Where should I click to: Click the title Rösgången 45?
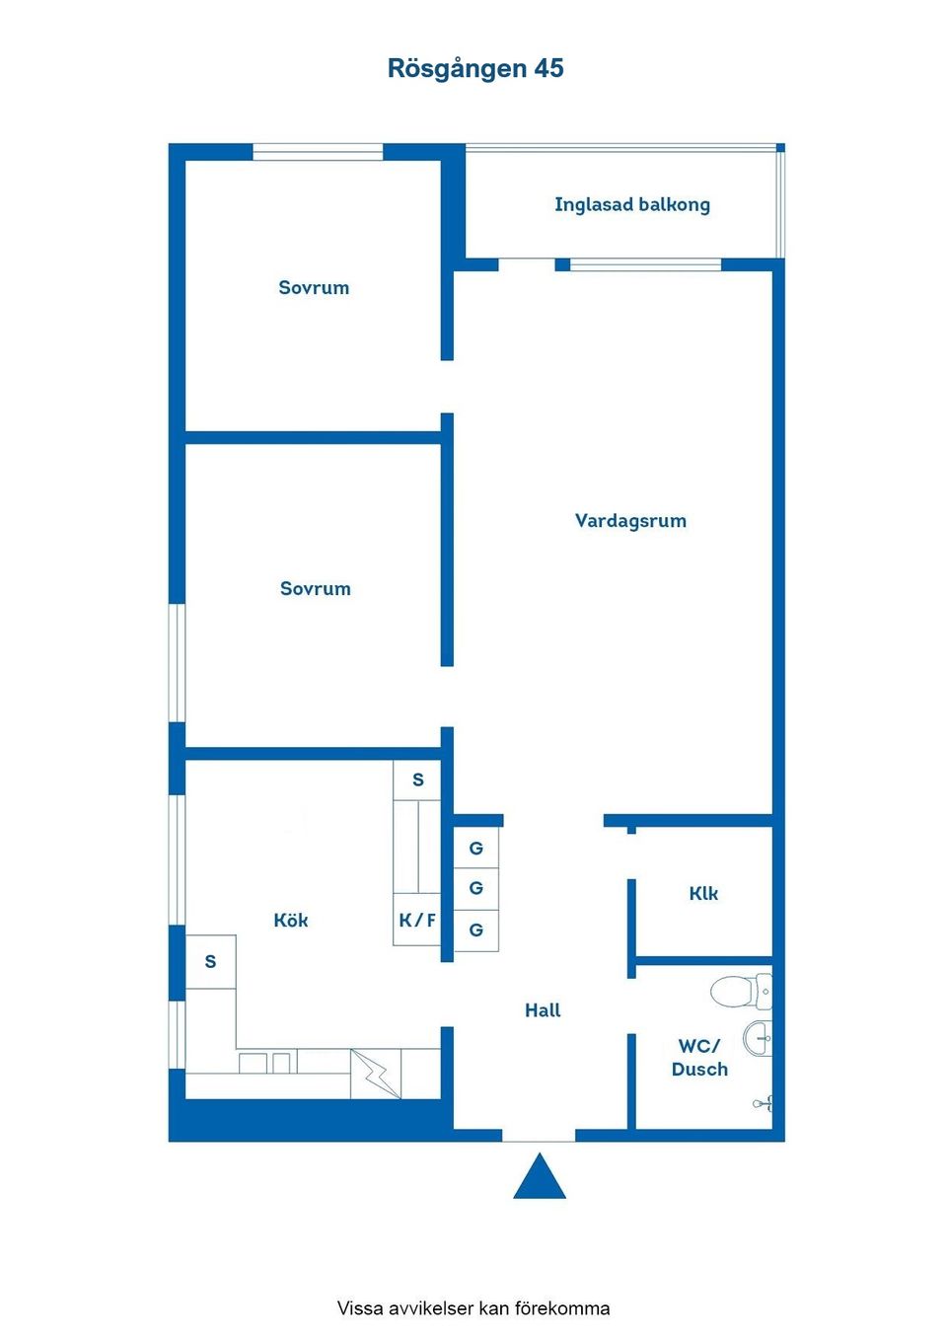[x=474, y=68]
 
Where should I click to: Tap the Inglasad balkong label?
[x=631, y=204]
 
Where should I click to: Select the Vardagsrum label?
[x=630, y=520]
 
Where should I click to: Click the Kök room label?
[x=291, y=920]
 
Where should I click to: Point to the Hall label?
[x=543, y=1009]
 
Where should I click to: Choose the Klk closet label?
[x=703, y=893]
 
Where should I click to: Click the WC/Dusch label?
[x=699, y=1057]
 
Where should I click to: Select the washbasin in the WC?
[x=759, y=1038]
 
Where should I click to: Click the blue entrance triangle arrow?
[x=540, y=1177]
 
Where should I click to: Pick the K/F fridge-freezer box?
[x=416, y=921]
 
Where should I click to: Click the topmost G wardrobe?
[x=476, y=848]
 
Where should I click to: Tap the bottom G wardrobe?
[x=476, y=930]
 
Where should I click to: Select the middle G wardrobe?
[x=476, y=888]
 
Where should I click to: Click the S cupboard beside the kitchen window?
[x=210, y=961]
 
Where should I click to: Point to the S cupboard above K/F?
[x=417, y=780]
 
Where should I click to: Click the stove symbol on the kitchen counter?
[x=376, y=1074]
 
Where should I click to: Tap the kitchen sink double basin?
[x=266, y=1063]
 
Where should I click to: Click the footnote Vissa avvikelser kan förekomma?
[x=473, y=1308]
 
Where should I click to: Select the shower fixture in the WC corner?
[x=765, y=1103]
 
